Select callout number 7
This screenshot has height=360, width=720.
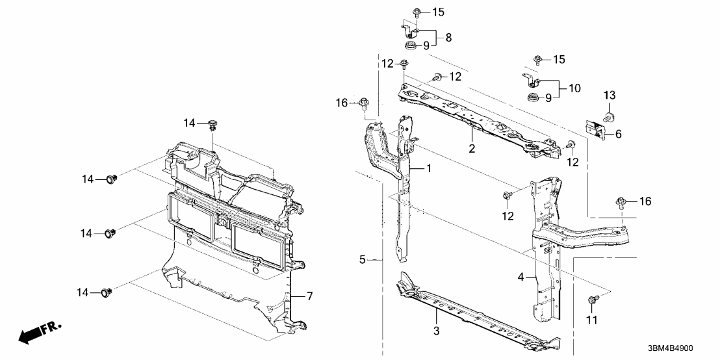point(310,296)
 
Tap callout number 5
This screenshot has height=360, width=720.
point(363,261)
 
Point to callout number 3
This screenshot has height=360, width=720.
point(437,331)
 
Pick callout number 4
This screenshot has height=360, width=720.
point(521,277)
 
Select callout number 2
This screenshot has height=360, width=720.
point(472,148)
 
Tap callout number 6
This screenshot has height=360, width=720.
point(618,134)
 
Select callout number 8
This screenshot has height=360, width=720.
point(448,38)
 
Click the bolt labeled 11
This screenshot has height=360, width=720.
point(592,300)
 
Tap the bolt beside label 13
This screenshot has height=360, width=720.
point(611,117)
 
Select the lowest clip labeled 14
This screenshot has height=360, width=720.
point(108,294)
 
